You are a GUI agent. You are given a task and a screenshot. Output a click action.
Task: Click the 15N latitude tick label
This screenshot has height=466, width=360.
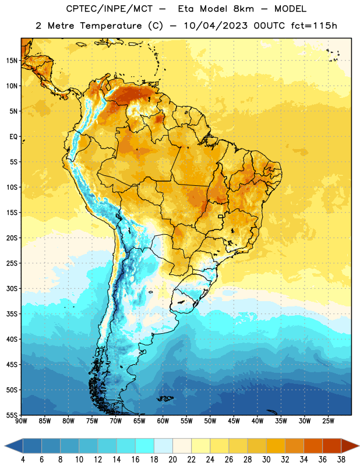[12, 61]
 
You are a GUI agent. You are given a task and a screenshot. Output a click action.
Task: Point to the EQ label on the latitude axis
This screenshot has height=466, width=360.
[13, 137]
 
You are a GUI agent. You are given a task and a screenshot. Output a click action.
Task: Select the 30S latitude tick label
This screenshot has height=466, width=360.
[12, 288]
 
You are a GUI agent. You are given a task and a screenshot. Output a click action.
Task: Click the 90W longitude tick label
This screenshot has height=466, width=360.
[22, 421]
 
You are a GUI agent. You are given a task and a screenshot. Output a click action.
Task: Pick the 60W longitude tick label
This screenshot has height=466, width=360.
[163, 421]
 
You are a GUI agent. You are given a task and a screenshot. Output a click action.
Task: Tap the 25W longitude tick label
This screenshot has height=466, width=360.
[328, 421]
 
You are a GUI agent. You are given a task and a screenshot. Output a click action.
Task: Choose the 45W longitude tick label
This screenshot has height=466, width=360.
[234, 421]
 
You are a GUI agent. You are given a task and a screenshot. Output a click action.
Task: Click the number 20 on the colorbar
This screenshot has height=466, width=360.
[172, 460]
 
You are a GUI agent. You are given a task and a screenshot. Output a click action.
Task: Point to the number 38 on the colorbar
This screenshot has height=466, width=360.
[341, 460]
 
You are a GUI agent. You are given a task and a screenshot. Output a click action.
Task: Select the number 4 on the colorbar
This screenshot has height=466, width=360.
[23, 460]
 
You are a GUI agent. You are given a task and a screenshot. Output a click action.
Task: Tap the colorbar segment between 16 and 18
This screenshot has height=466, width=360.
[144, 446]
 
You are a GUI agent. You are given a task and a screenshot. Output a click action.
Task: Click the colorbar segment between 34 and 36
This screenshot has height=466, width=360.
[313, 446]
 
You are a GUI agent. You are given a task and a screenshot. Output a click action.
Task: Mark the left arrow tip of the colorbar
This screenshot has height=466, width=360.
[5, 446]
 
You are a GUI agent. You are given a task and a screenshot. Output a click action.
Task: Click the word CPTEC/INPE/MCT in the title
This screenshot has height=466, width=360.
[109, 9]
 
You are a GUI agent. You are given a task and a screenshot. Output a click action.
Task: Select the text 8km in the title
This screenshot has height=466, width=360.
[243, 9]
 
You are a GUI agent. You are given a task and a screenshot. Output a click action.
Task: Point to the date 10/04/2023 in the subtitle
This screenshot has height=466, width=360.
[216, 26]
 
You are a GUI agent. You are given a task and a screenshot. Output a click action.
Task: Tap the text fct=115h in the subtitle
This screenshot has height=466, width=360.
[314, 26]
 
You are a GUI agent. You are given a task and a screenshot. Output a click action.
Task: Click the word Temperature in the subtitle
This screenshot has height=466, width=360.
[111, 26]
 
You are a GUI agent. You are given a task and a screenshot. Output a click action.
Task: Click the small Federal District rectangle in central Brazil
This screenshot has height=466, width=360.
[221, 216]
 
